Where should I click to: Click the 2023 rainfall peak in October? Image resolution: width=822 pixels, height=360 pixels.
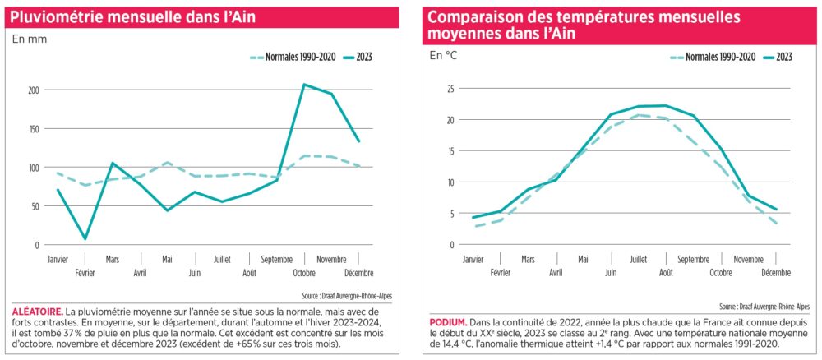pos(305,85)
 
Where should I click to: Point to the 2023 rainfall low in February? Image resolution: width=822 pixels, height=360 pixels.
pos(85,239)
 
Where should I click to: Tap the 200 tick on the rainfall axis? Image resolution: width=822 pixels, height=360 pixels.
pos(33,90)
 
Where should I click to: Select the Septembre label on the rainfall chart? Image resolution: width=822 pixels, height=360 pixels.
pos(276,259)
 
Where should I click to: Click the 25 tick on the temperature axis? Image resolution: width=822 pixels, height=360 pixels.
pos(450,89)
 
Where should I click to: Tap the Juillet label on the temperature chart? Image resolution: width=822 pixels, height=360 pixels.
pos(637,259)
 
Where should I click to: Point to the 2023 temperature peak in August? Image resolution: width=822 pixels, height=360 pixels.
pos(666,105)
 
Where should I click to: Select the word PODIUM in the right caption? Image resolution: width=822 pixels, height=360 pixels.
pos(447,321)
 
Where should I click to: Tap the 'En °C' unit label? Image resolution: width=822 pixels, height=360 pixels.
pos(444,55)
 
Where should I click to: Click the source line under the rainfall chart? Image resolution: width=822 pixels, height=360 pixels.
pos(347,296)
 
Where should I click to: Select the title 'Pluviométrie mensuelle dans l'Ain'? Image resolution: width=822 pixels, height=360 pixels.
pos(134,17)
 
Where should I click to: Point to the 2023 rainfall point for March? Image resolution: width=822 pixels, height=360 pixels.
pos(112,163)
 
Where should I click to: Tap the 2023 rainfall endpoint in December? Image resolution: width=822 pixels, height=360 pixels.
pos(358,141)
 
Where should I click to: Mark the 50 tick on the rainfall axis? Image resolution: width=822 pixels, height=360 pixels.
pos(35,206)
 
